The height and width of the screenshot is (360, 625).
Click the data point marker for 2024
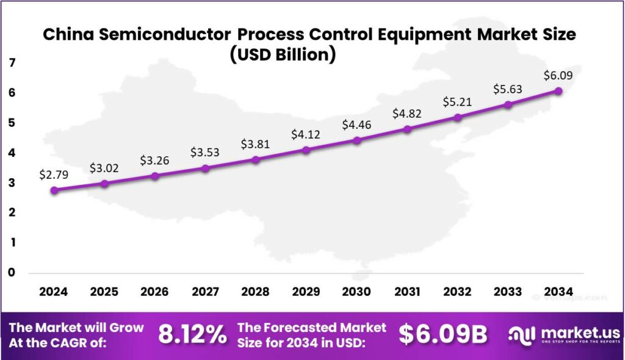[x=54, y=190]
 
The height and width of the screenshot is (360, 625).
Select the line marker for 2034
[x=558, y=91]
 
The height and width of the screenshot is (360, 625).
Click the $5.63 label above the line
[x=508, y=89]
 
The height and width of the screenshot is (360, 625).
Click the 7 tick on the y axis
[x=12, y=63]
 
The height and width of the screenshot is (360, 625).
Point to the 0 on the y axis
[x=12, y=272]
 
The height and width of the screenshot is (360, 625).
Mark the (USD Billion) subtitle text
[x=282, y=54]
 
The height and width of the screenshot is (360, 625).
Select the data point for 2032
[x=458, y=117]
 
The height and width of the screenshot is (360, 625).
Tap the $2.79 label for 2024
[x=54, y=175]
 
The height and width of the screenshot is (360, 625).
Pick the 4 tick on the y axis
[x=12, y=153]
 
